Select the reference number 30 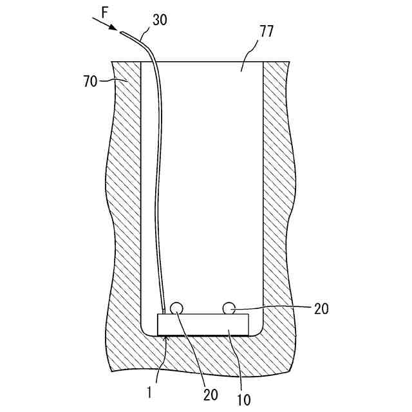(160, 19)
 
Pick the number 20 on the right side (321, 309)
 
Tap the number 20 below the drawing (211, 393)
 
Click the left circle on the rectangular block (176, 309)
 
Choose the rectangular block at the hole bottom (203, 324)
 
